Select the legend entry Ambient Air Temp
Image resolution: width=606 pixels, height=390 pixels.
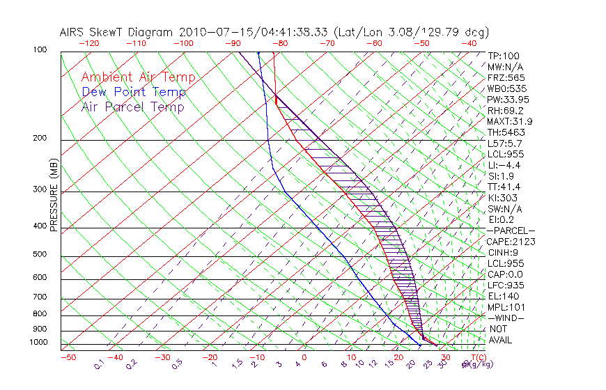[138, 78]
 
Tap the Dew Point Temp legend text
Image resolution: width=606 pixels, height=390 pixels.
[134, 93]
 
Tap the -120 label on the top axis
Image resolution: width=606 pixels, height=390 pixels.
[88, 43]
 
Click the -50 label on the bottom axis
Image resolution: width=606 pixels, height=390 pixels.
[68, 357]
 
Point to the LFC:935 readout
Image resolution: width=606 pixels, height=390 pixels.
[506, 286]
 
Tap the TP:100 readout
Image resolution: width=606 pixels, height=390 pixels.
[504, 56]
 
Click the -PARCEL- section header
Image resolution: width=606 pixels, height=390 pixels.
[511, 231]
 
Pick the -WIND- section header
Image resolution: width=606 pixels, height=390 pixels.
[506, 318]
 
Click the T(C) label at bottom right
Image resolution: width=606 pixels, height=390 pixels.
[477, 357]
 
